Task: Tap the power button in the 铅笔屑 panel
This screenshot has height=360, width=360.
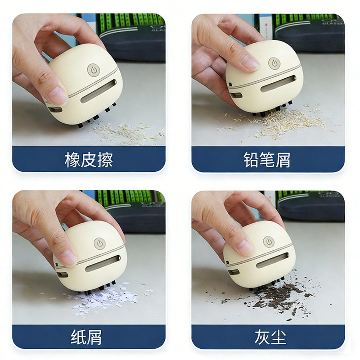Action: pos(274,63)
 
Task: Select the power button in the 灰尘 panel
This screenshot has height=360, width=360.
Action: pos(269,242)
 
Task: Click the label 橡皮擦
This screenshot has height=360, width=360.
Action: pos(89,160)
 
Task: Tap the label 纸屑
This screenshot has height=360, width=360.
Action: pos(89,337)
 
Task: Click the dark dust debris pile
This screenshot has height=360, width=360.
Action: pos(279,297)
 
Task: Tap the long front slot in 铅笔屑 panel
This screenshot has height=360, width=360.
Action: pos(279,84)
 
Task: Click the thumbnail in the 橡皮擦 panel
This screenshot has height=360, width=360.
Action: pos(58,96)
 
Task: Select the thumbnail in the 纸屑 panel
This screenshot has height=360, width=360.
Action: pos(67,257)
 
